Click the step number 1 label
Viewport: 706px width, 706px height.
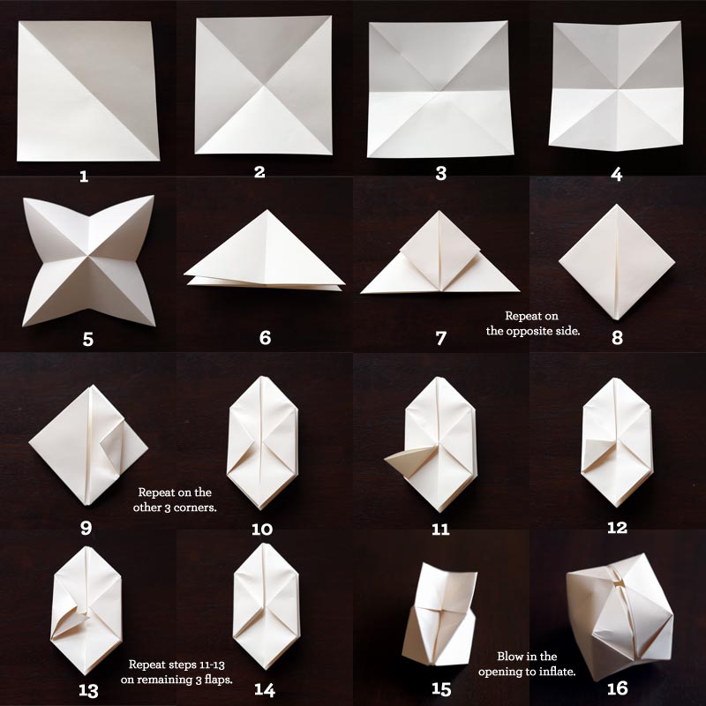(x=84, y=176)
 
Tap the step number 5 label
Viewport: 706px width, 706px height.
(x=86, y=337)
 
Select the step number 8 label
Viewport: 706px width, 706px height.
(x=617, y=337)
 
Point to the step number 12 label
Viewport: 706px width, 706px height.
(x=616, y=528)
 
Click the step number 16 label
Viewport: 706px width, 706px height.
(x=616, y=687)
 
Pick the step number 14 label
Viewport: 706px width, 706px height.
(x=262, y=687)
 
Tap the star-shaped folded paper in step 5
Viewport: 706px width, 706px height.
(x=88, y=260)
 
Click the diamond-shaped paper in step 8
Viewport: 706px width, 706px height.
(x=617, y=261)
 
